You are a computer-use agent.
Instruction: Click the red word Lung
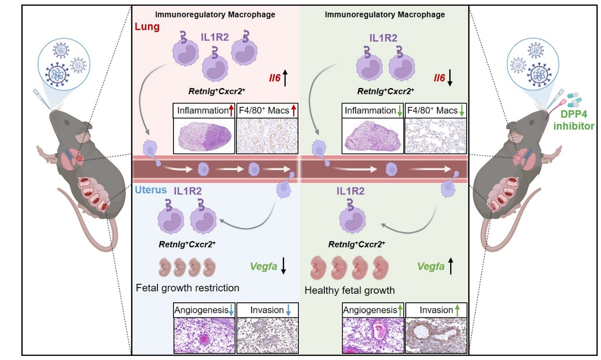[x=147, y=27]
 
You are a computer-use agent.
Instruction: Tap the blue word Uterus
[x=150, y=190]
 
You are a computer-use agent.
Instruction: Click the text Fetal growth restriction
[x=187, y=288]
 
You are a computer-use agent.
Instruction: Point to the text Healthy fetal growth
[x=349, y=290]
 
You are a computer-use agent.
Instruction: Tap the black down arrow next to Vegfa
[x=283, y=267]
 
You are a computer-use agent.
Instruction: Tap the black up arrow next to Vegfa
[x=451, y=267]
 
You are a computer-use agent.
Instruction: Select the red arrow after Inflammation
[x=232, y=111]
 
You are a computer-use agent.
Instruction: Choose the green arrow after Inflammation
[x=400, y=111]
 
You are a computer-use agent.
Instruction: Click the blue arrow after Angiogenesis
[x=231, y=310]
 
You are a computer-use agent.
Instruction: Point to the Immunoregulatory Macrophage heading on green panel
[x=385, y=15]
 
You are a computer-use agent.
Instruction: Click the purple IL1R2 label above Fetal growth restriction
[x=188, y=191]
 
